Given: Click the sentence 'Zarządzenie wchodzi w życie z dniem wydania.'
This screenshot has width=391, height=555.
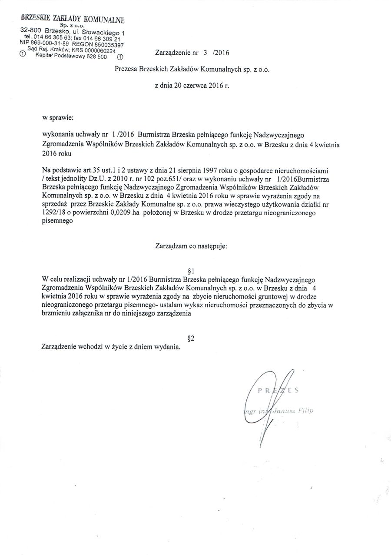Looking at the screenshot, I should [x=111, y=347].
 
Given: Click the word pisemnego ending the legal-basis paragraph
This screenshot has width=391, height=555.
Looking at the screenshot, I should [x=57, y=221].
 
